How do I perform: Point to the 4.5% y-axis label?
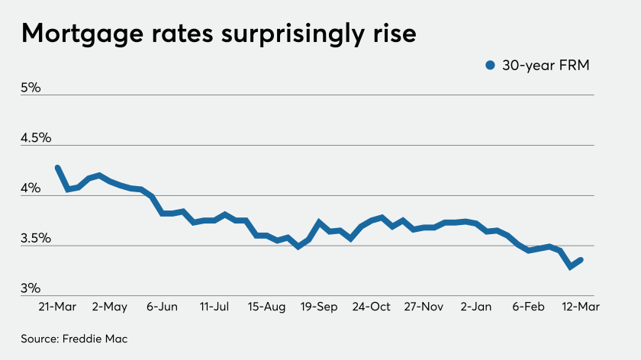coord(36,138)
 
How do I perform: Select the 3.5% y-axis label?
coord(36,239)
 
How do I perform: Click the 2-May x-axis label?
coord(109,307)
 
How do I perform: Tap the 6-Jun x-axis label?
coord(161,307)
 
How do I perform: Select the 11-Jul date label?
coord(214,307)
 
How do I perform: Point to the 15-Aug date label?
coord(266,307)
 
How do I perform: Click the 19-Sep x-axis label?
coord(320,307)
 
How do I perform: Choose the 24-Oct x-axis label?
coord(372,307)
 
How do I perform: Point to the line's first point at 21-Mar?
coord(58,168)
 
